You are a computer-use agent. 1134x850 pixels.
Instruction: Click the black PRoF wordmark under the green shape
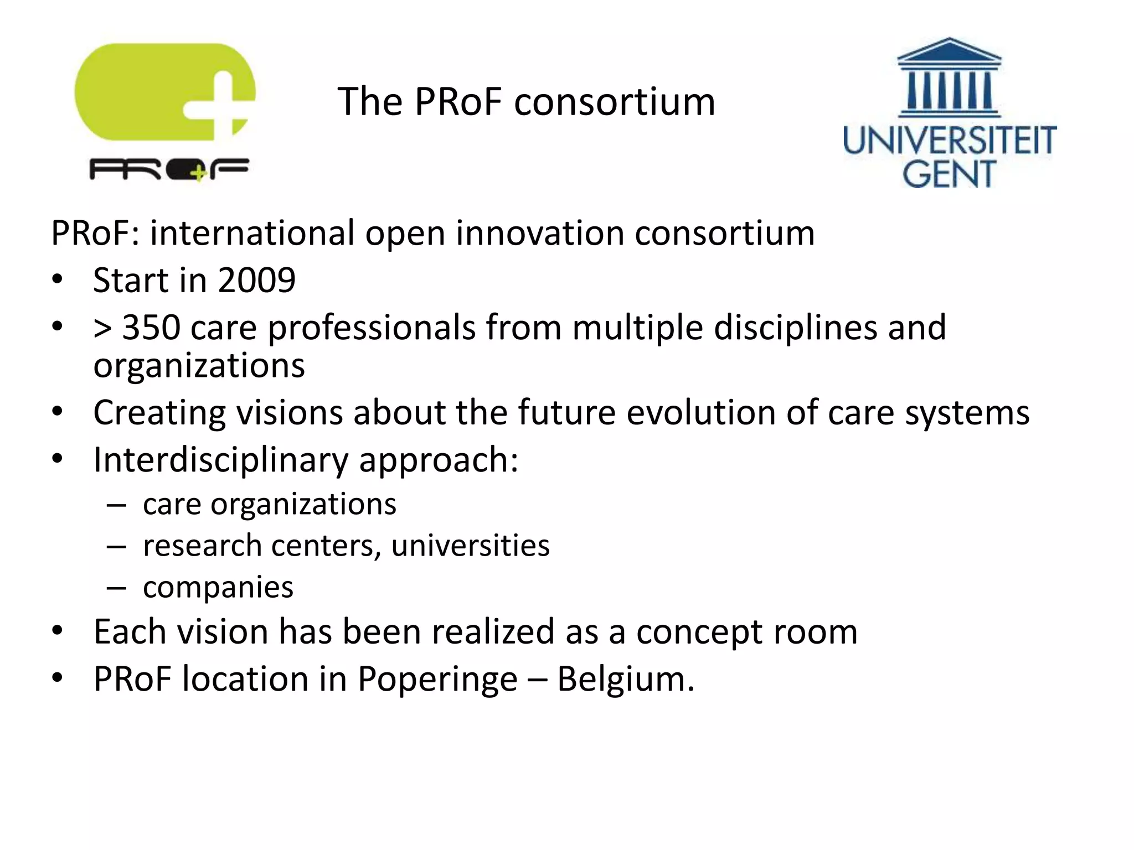[x=169, y=169]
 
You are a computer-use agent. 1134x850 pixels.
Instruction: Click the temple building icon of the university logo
[x=949, y=77]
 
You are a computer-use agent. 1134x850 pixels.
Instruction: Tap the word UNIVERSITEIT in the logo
[x=949, y=141]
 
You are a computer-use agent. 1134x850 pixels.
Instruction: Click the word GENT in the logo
[x=949, y=174]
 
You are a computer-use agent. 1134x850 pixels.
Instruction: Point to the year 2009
[x=257, y=280]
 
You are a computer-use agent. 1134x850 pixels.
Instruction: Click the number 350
[x=151, y=327]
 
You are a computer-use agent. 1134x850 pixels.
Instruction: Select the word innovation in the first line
[x=540, y=233]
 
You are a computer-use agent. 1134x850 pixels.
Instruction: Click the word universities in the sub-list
[x=470, y=546]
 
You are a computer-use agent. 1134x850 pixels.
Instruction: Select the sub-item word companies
[x=218, y=587]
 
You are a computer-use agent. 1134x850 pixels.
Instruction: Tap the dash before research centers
[x=116, y=546]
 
